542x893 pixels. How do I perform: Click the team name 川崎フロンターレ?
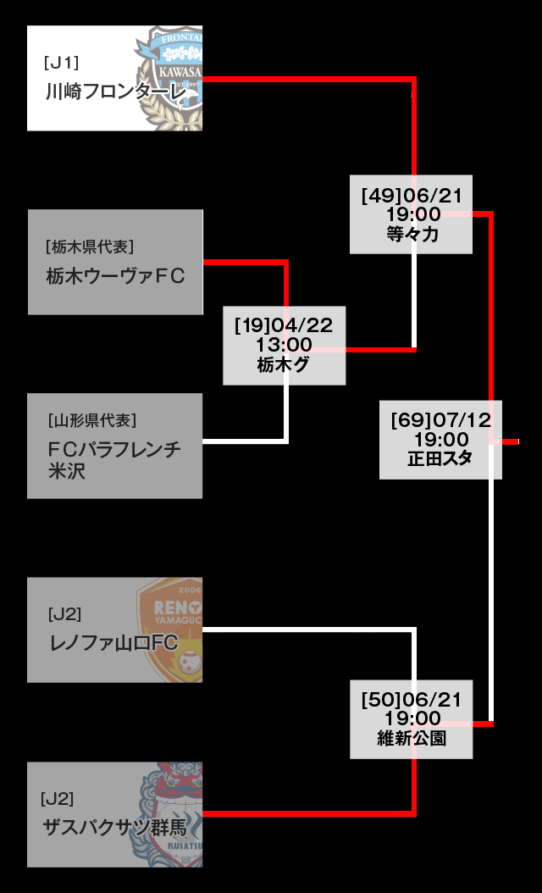point(115,92)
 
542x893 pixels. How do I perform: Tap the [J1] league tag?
point(61,62)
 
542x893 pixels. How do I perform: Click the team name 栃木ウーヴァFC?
point(115,276)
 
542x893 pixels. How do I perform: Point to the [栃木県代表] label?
point(90,247)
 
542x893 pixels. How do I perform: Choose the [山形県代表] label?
point(92,420)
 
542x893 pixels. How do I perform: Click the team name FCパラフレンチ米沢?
point(113,459)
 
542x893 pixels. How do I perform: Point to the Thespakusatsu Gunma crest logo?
point(172,813)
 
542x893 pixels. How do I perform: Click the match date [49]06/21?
point(412,196)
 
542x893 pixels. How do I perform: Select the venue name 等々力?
point(412,235)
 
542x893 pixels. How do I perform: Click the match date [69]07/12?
point(441,420)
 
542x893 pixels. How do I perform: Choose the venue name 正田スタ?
point(440,459)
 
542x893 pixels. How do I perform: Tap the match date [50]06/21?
point(412,700)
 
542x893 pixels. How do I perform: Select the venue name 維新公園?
point(412,739)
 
